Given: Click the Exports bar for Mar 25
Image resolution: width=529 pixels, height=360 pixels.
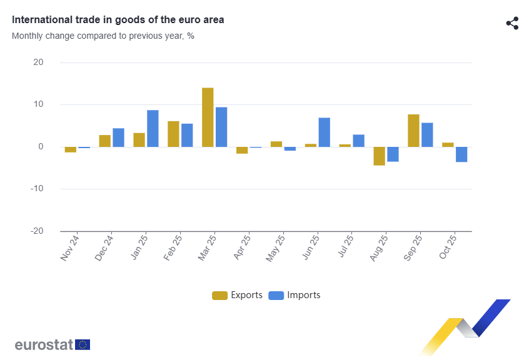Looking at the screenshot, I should pyautogui.click(x=208, y=117).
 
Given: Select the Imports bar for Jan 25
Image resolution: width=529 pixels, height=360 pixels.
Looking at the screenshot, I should pyautogui.click(x=153, y=129).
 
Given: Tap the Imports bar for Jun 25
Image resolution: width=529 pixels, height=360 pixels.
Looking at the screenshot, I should pyautogui.click(x=324, y=132).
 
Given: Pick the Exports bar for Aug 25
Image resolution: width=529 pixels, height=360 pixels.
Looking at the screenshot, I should pyautogui.click(x=379, y=156).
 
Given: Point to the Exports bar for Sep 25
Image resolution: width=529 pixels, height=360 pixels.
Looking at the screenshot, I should pyautogui.click(x=413, y=131).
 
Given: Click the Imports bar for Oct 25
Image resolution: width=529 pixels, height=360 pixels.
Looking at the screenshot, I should pyautogui.click(x=461, y=154).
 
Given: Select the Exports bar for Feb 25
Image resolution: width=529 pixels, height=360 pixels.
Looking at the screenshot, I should pyautogui.click(x=173, y=134).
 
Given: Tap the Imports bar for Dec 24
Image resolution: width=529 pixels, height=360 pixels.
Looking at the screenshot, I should pyautogui.click(x=118, y=137).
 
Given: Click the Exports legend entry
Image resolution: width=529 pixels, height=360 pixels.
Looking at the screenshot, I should pyautogui.click(x=238, y=295).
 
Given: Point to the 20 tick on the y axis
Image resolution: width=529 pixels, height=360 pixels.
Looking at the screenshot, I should pyautogui.click(x=38, y=62).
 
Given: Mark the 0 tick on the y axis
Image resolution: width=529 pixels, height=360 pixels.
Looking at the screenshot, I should pyautogui.click(x=41, y=147).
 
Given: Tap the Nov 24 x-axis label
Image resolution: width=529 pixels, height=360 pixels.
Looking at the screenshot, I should pyautogui.click(x=71, y=247).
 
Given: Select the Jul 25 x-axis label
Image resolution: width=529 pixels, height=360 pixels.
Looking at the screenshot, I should pyautogui.click(x=346, y=247).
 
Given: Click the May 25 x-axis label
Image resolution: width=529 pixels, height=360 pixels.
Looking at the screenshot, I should pyautogui.click(x=277, y=247).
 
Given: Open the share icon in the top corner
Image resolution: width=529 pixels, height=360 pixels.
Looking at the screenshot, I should pyautogui.click(x=512, y=24).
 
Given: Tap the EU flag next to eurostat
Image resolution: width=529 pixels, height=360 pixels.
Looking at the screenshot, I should pyautogui.click(x=83, y=344).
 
